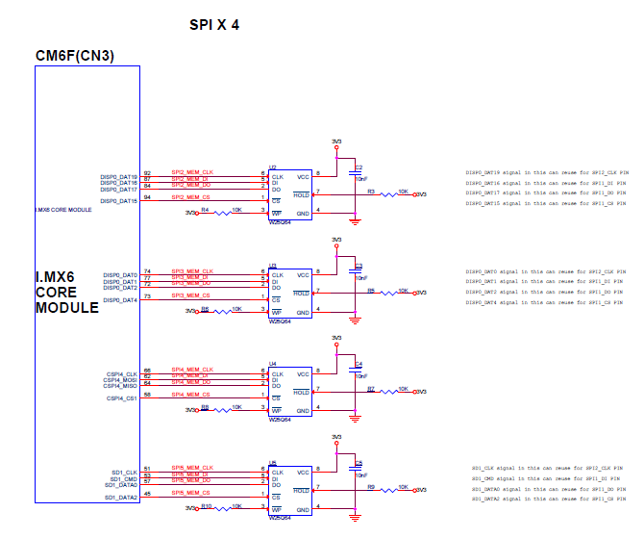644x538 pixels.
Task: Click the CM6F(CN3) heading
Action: (x=75, y=56)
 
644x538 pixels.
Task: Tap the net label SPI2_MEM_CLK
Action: (x=192, y=173)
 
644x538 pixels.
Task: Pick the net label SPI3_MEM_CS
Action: (x=191, y=295)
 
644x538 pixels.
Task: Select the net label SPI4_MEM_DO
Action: (x=191, y=382)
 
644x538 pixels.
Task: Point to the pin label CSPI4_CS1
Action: (x=121, y=398)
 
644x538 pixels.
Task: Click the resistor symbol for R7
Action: (x=390, y=393)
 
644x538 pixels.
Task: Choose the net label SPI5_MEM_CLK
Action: (x=192, y=468)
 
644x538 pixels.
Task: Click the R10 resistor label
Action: (x=207, y=505)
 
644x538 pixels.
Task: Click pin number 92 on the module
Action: (x=147, y=173)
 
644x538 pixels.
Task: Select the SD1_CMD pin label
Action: (x=123, y=478)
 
